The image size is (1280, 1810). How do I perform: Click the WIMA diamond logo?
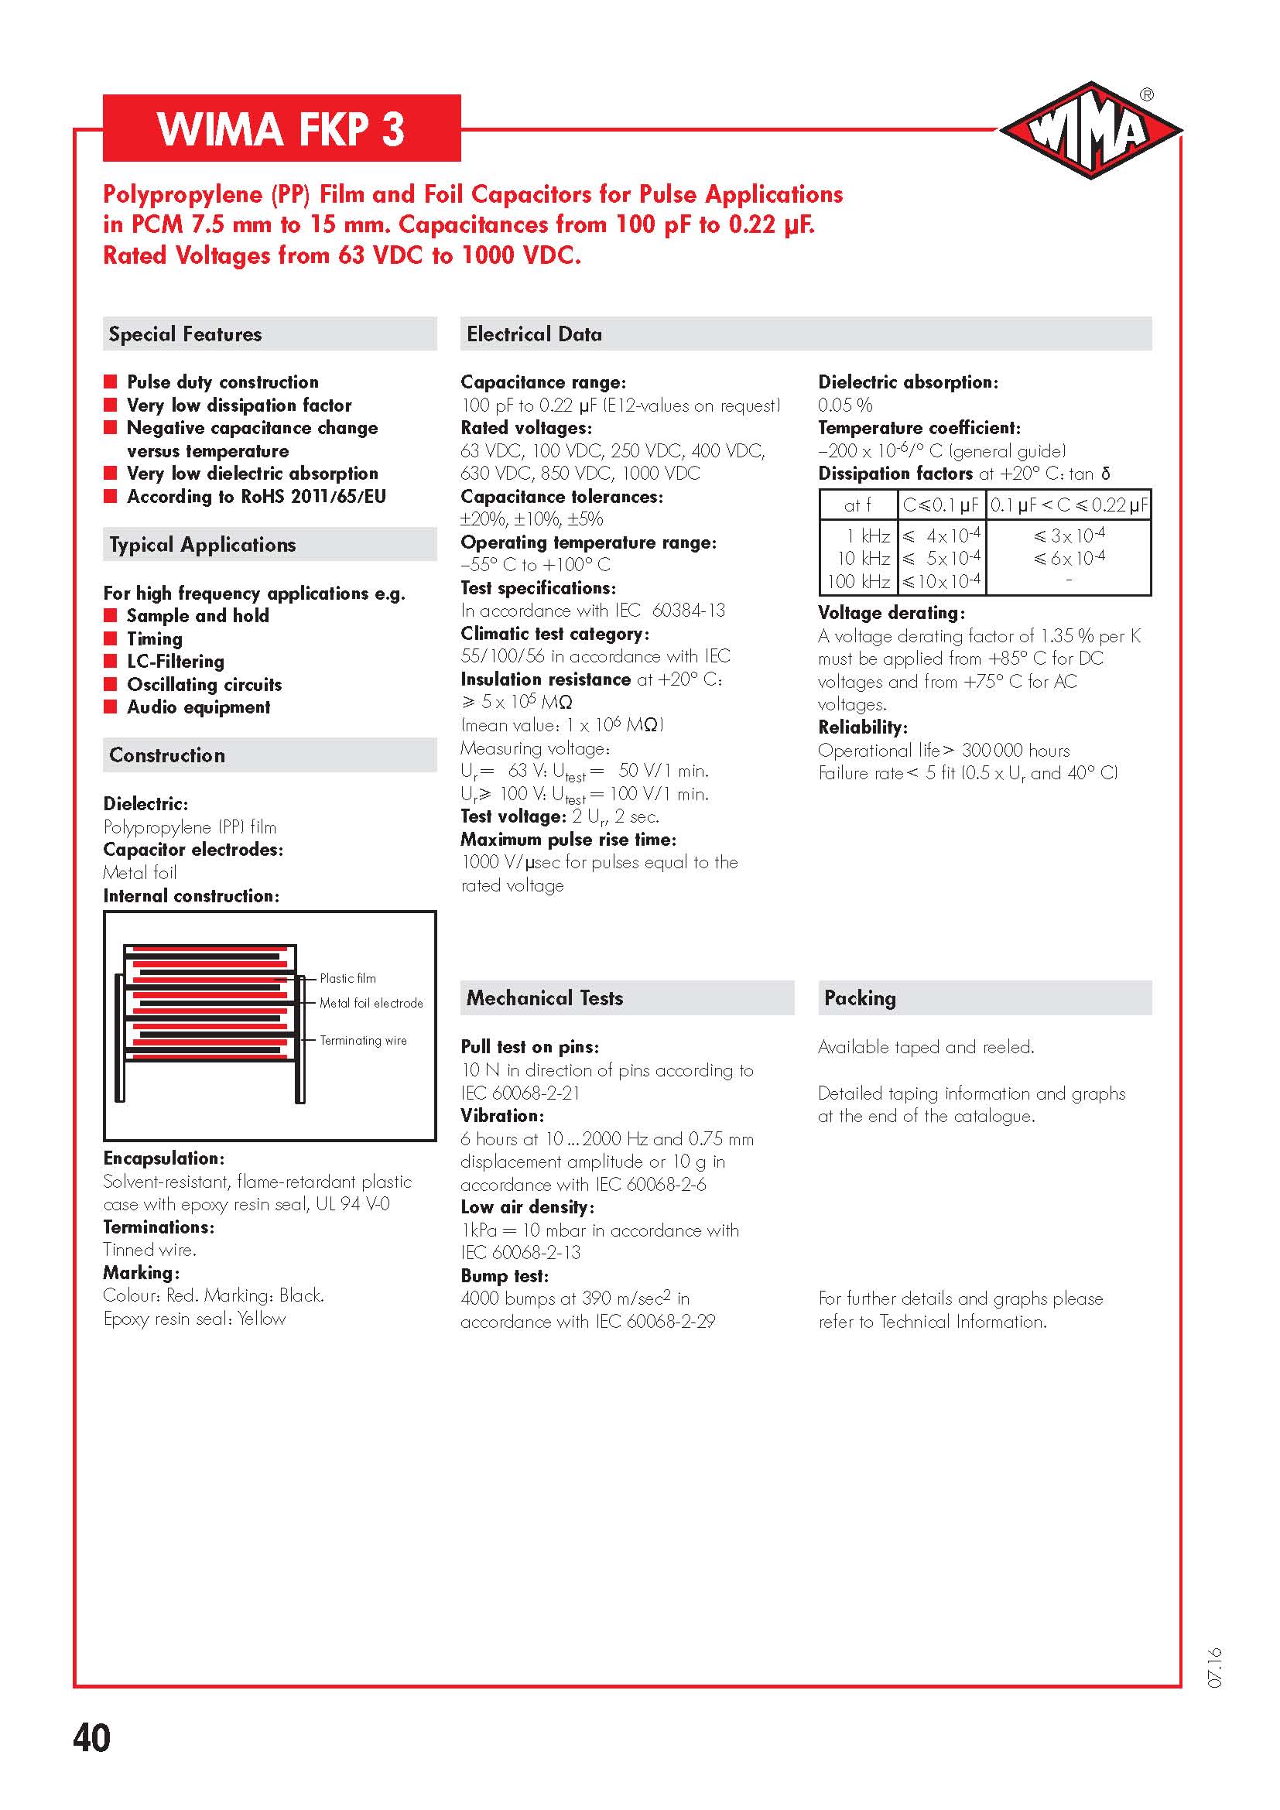[1090, 130]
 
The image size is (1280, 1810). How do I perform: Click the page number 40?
[91, 1738]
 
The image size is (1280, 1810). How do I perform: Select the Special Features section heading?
[185, 334]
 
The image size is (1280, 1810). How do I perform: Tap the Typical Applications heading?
[203, 545]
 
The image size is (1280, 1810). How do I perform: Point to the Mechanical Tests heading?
[545, 998]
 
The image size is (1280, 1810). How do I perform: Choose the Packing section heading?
[860, 998]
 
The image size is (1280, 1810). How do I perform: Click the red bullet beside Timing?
[111, 638]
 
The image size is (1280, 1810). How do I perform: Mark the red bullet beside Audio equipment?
[111, 707]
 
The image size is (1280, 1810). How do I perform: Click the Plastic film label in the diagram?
[347, 978]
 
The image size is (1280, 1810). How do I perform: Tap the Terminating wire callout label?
[364, 1041]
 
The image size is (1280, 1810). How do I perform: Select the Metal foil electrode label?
[371, 1003]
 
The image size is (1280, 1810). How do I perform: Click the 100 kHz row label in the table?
[858, 582]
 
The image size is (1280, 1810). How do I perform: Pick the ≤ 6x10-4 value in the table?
[1069, 558]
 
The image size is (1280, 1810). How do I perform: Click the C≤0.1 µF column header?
[941, 505]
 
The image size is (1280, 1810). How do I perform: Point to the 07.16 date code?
[1213, 1668]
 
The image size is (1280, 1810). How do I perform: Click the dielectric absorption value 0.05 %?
[845, 405]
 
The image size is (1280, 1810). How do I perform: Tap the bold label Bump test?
[505, 1275]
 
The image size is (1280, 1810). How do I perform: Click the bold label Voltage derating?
[892, 613]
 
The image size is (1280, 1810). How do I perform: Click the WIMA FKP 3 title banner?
[282, 128]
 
